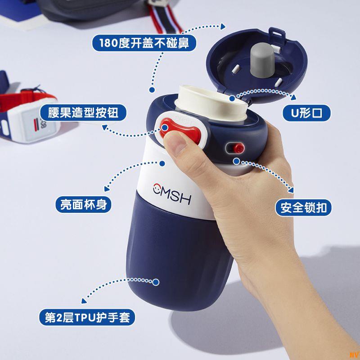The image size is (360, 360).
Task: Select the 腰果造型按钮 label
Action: (x=80, y=112)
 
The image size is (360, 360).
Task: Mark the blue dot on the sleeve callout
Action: (x=156, y=282)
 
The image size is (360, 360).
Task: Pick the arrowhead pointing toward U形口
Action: (x=293, y=96)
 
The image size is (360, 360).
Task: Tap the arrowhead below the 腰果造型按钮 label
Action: (x=104, y=128)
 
